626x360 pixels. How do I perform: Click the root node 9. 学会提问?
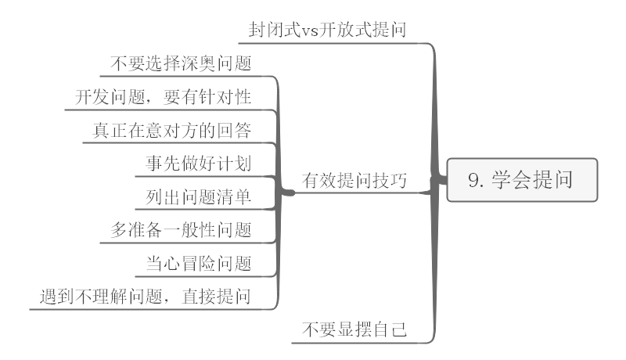[x=521, y=181]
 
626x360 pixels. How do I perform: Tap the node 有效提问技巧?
[x=355, y=181]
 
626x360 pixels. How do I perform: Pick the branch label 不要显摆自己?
[x=355, y=329]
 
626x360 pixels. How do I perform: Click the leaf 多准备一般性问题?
[x=182, y=230]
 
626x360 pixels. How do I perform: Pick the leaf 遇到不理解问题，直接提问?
[x=146, y=297]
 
